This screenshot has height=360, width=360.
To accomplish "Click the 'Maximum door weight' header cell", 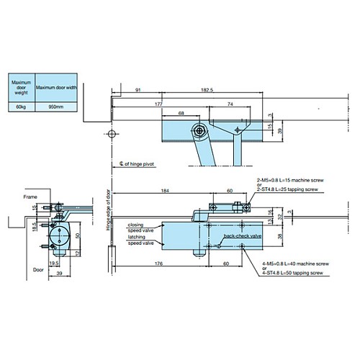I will click(x=21, y=86).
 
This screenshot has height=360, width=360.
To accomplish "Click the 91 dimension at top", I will click(x=137, y=90).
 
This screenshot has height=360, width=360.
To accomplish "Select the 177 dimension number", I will click(x=158, y=104).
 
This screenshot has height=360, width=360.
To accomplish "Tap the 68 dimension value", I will click(x=180, y=113).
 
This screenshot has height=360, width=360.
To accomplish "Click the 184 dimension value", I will click(x=165, y=191).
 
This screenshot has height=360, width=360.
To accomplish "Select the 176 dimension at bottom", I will click(x=158, y=264).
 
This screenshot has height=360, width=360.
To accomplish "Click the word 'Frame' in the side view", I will click(x=29, y=196).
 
